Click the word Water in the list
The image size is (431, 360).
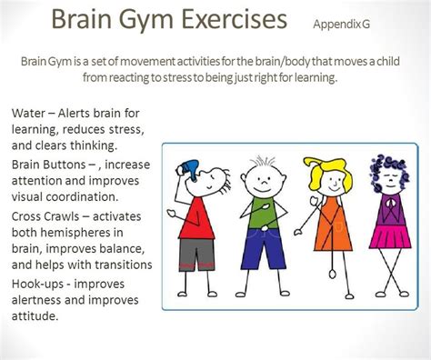[31, 115]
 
